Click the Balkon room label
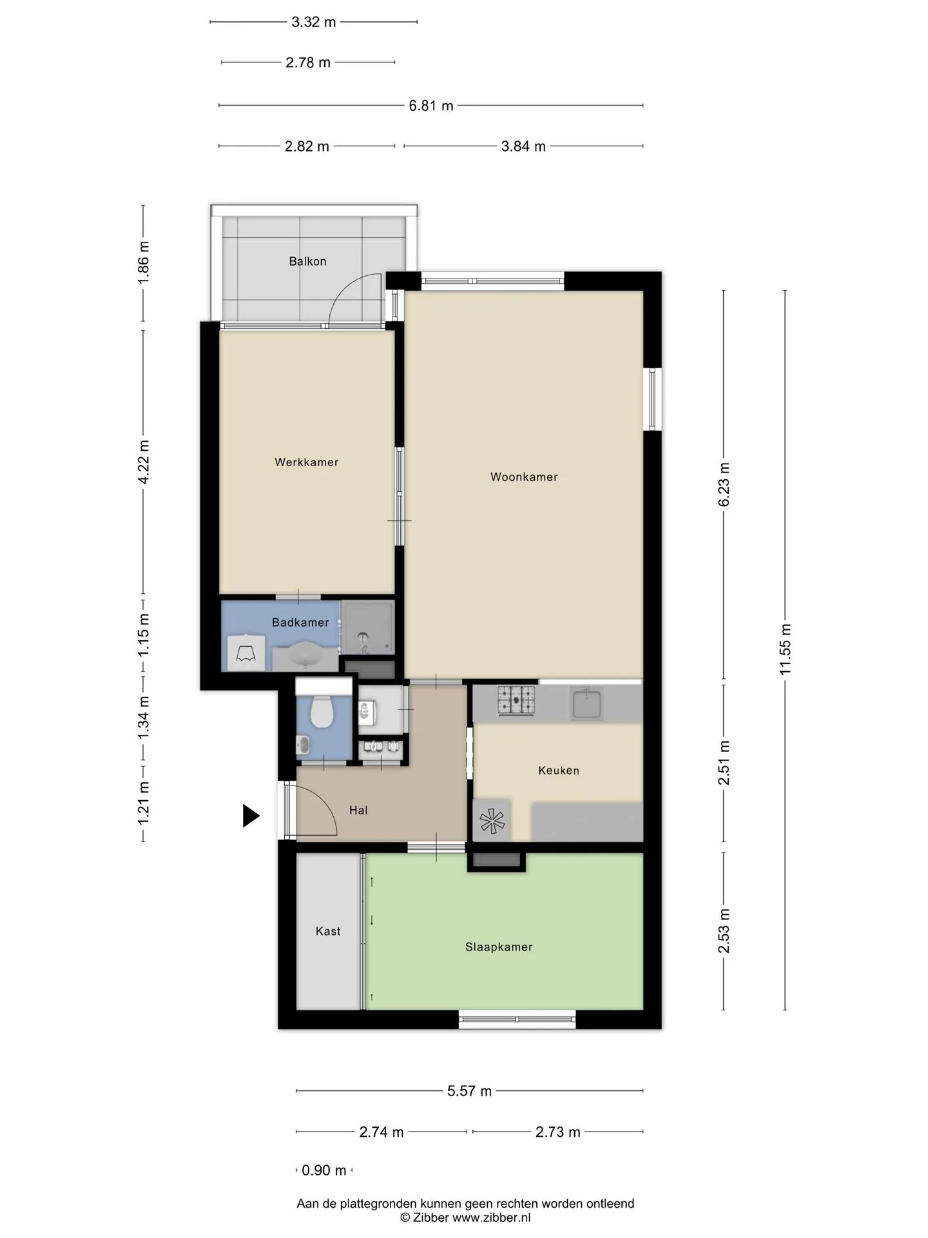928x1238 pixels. [307, 261]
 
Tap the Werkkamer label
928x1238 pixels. [307, 462]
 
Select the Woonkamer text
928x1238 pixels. [524, 477]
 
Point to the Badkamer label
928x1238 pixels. [300, 622]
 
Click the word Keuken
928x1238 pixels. [559, 771]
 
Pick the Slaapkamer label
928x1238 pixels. [499, 947]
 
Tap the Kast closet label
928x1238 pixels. [328, 931]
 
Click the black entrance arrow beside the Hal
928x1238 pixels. [250, 816]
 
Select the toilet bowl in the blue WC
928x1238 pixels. [321, 712]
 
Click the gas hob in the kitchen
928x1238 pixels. [516, 700]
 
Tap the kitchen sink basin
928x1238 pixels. [586, 703]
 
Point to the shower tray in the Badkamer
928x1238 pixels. [367, 628]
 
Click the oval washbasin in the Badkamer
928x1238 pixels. [305, 656]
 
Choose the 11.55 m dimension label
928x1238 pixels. [785, 650]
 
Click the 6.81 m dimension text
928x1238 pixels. [431, 106]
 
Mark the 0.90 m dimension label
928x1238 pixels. [324, 1170]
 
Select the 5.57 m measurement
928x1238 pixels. [469, 1091]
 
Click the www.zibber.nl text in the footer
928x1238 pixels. [491, 1217]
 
